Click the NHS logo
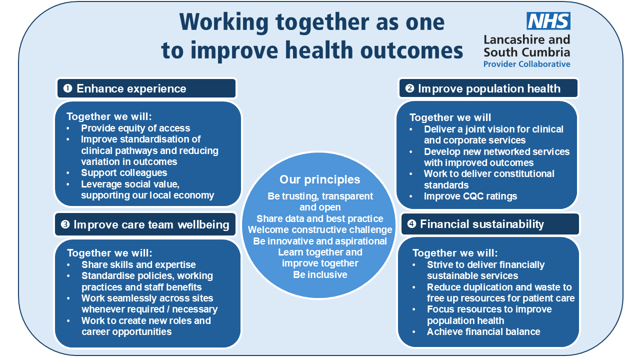[x=548, y=21]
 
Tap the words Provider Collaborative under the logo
[x=526, y=64]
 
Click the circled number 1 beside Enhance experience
[x=67, y=88]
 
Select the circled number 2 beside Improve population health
[x=409, y=88]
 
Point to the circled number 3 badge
[x=65, y=224]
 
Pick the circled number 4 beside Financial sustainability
[x=411, y=223]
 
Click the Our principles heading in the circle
[x=319, y=179]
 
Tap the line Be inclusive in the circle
[x=320, y=274]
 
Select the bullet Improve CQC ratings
[x=470, y=196]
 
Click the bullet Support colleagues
[x=124, y=173]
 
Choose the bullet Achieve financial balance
[x=483, y=331]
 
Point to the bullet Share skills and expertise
[x=138, y=265]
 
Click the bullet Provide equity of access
[x=135, y=128]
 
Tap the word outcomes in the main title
[x=411, y=50]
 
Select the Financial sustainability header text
[x=481, y=224]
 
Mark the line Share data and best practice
[x=319, y=218]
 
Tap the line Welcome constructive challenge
[x=320, y=229]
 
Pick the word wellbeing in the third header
[x=203, y=225]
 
